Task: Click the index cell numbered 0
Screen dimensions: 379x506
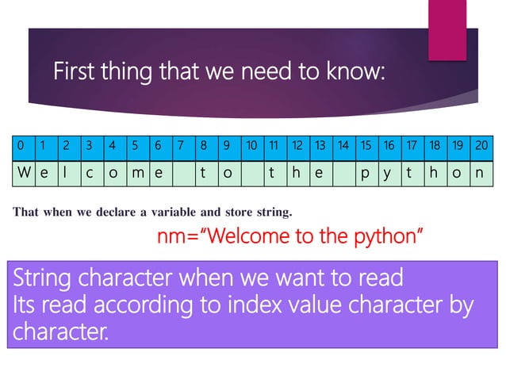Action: tap(20, 146)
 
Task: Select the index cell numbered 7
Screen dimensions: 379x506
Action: tap(182, 146)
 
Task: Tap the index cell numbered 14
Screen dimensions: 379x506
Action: tap(343, 146)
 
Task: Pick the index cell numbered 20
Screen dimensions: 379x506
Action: tap(481, 146)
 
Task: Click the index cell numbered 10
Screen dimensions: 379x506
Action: tap(251, 146)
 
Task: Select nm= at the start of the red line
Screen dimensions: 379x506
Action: tap(178, 235)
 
